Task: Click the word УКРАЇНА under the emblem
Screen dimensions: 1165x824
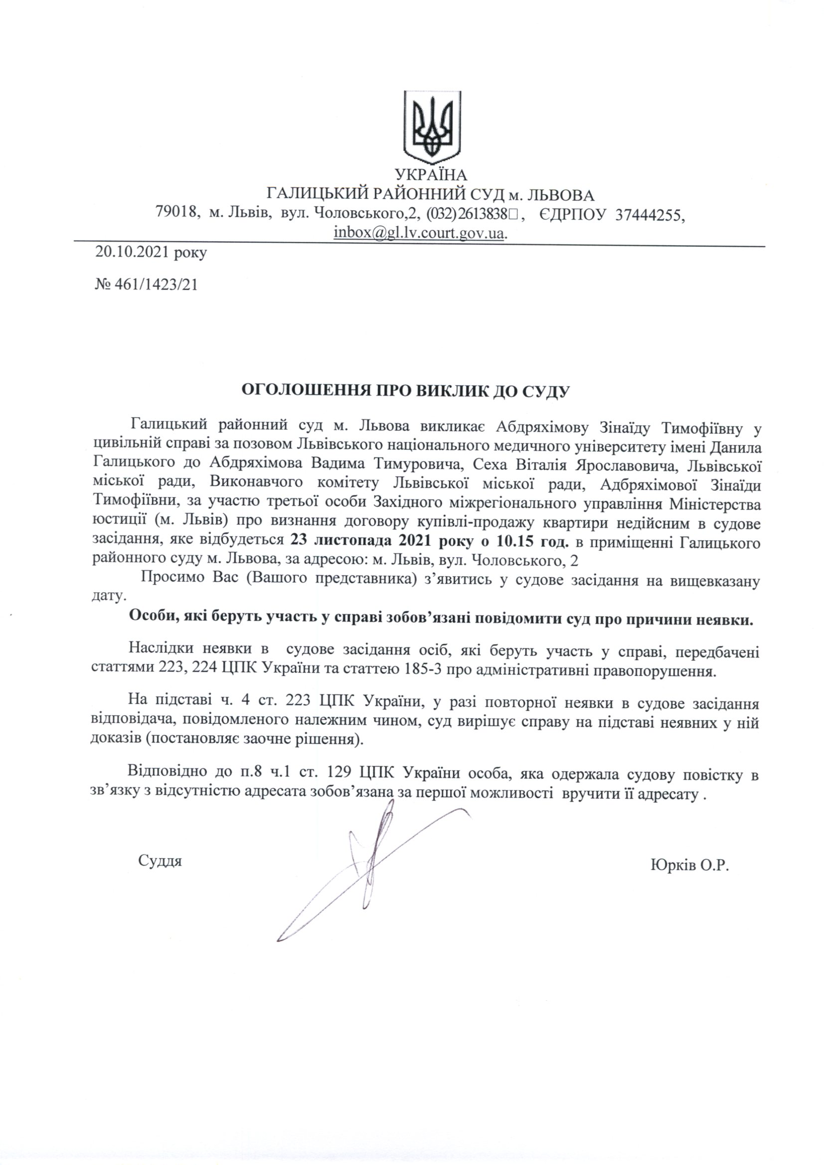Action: [x=431, y=175]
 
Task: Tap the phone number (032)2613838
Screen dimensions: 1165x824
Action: [x=467, y=214]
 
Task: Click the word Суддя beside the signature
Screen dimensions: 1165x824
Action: [x=160, y=861]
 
